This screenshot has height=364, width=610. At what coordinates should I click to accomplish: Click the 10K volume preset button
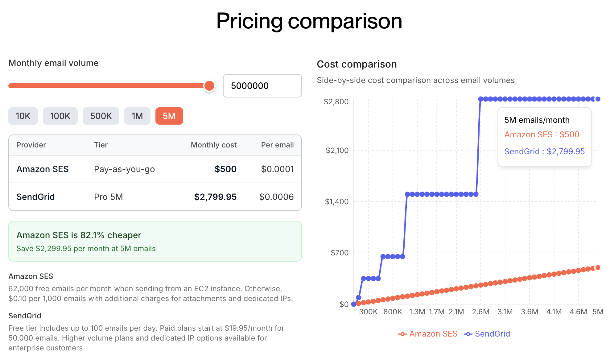pos(23,116)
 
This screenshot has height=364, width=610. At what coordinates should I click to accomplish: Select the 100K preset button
pos(60,116)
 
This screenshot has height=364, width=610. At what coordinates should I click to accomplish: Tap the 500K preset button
pos(101,116)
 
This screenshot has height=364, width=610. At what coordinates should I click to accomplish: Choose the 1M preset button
pos(137,116)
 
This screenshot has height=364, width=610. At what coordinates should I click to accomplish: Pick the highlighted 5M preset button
pos(169,116)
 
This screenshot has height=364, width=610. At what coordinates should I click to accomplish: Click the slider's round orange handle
pos(209,86)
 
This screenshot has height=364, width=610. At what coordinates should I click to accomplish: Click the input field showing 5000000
pos(262,86)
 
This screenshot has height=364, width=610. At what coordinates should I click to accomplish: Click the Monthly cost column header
pos(213,145)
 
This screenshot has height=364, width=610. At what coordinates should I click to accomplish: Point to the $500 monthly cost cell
pos(225,169)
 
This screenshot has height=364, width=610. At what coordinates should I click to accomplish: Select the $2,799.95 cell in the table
pos(215,197)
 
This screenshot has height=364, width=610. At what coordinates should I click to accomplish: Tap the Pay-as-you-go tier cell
pos(124,169)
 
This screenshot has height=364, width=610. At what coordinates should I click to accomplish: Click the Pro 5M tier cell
pos(108,197)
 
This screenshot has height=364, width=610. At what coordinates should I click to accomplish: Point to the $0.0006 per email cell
pos(276,197)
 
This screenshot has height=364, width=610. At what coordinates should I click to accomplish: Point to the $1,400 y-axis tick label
pos(336,201)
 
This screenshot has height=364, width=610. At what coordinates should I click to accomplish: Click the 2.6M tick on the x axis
pos(480,312)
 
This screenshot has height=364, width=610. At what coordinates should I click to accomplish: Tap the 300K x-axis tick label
pos(368,312)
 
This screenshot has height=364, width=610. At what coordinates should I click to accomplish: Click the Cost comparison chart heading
pos(357,64)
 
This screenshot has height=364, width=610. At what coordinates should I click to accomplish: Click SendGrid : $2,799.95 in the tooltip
pos(544,151)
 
